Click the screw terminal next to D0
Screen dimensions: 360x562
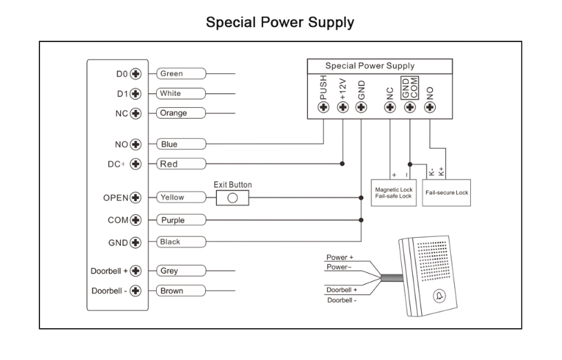pyautogui.click(x=136, y=73)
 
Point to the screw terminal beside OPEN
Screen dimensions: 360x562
pyautogui.click(x=136, y=197)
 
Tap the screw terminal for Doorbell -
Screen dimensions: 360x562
pyautogui.click(x=136, y=291)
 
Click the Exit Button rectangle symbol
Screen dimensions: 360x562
pyautogui.click(x=233, y=197)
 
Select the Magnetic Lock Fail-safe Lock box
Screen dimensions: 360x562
pyautogui.click(x=393, y=193)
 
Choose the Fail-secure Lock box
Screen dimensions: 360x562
pyautogui.click(x=447, y=193)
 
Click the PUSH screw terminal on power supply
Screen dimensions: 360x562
pyautogui.click(x=323, y=107)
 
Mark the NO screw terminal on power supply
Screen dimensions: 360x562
pyautogui.click(x=430, y=107)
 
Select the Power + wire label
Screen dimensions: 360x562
pyautogui.click(x=340, y=258)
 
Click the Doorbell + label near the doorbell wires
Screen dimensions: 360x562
pyautogui.click(x=342, y=290)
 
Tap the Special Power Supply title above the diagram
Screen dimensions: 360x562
pyautogui.click(x=280, y=23)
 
